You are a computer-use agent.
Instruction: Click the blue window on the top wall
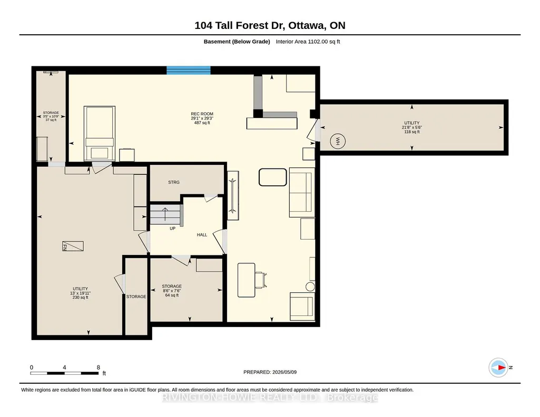click(189, 70)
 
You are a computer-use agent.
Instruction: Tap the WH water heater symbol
click(338, 141)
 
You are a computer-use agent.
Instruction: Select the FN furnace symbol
click(73, 246)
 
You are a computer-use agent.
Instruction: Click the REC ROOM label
click(202, 114)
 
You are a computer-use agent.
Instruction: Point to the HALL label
click(202, 235)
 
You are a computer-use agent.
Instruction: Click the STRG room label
click(173, 182)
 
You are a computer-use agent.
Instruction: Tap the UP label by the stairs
click(173, 229)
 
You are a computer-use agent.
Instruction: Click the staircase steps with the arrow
click(165, 214)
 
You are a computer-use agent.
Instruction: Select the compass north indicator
click(498, 368)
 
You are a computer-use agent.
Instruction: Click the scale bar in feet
click(64, 373)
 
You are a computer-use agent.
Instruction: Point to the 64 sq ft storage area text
click(172, 295)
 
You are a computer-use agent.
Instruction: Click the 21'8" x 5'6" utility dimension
click(412, 127)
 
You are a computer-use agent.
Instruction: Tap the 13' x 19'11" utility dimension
click(80, 293)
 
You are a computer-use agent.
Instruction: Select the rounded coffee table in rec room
click(273, 177)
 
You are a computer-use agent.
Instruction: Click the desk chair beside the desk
click(260, 280)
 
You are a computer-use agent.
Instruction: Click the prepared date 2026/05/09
click(284, 372)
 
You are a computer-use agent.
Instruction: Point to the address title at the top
click(270, 25)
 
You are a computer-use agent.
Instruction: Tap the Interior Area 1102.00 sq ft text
click(308, 42)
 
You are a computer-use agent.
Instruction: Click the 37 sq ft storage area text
click(51, 120)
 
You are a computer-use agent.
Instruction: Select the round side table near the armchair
click(310, 286)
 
